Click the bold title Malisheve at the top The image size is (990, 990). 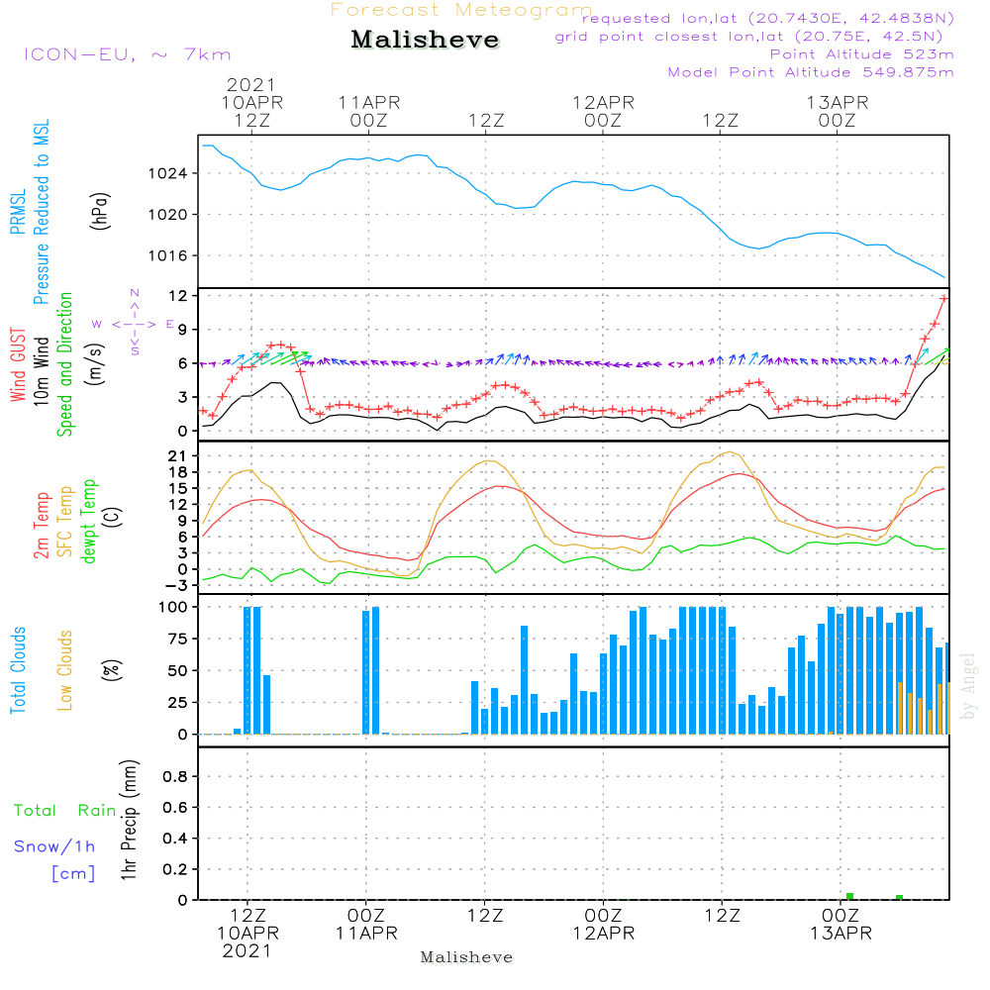click(x=425, y=41)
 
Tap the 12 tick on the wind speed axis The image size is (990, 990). click(x=179, y=296)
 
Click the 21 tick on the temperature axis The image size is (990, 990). click(x=179, y=456)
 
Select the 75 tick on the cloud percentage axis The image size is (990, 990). click(x=179, y=640)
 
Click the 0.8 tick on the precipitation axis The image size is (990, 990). click(x=176, y=777)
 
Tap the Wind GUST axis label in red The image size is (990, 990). click(x=19, y=366)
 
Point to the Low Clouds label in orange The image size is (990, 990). click(x=65, y=670)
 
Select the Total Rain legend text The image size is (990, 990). click(x=64, y=811)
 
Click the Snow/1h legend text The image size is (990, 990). click(x=54, y=847)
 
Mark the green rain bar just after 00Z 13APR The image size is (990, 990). click(x=849, y=896)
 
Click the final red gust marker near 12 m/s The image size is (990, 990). click(x=943, y=298)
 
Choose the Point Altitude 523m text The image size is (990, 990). click(x=861, y=54)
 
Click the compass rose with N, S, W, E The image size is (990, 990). click(x=134, y=323)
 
